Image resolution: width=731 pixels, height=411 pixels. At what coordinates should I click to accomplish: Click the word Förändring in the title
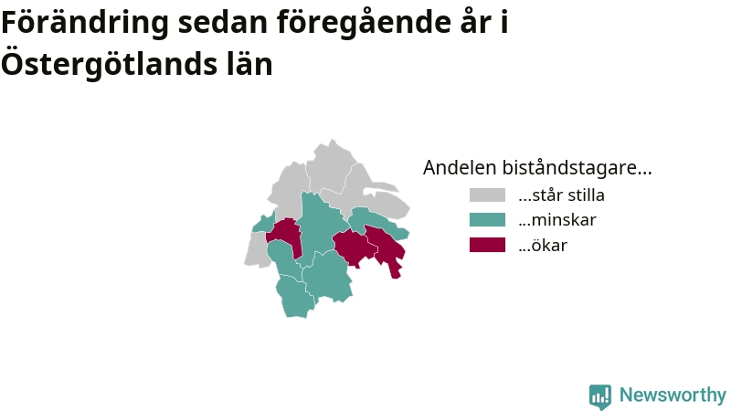84,22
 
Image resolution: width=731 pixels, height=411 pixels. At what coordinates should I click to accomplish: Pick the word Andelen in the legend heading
460,168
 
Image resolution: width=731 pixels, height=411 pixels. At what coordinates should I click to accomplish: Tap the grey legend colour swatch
487,195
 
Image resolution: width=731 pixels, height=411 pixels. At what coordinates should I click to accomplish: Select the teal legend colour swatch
487,219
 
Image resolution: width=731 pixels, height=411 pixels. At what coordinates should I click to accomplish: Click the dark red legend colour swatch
487,245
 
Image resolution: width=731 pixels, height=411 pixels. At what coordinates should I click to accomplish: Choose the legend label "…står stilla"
561,195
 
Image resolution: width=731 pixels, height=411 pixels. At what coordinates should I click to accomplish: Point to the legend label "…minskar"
557,220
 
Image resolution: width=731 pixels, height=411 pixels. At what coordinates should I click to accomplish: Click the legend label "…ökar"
543,245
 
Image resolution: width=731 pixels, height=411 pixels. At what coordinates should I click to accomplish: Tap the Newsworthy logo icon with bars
600,396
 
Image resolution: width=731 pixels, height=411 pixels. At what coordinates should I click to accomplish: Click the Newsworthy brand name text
673,395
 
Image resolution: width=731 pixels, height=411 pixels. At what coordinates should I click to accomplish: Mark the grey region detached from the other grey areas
257,249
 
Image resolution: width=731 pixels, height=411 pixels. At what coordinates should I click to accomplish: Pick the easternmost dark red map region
386,248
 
